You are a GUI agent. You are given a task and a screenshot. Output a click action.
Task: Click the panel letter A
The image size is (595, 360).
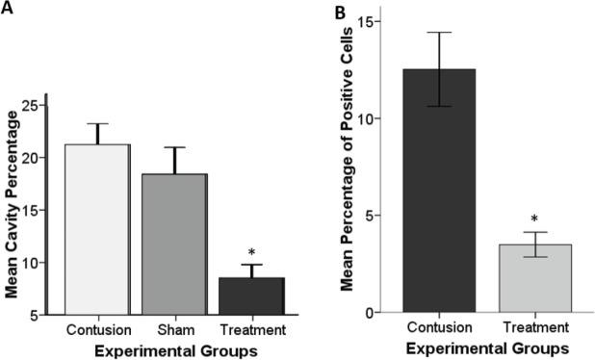pos(9,10)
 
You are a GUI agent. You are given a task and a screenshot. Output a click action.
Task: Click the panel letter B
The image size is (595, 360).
pos(339,12)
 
